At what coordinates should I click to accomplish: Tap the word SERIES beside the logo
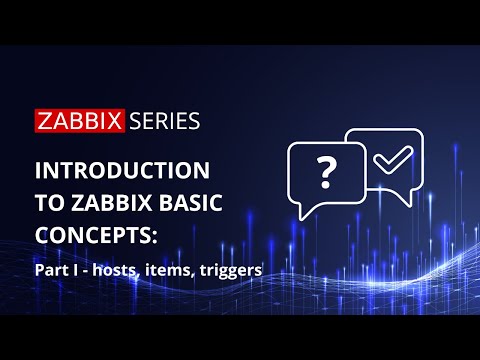tap(162, 121)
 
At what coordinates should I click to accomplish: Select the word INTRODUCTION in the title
tap(121, 167)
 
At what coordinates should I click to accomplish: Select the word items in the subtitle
tap(167, 270)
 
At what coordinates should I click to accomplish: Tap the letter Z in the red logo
tap(45, 121)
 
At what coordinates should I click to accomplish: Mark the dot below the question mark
tap(326, 187)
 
